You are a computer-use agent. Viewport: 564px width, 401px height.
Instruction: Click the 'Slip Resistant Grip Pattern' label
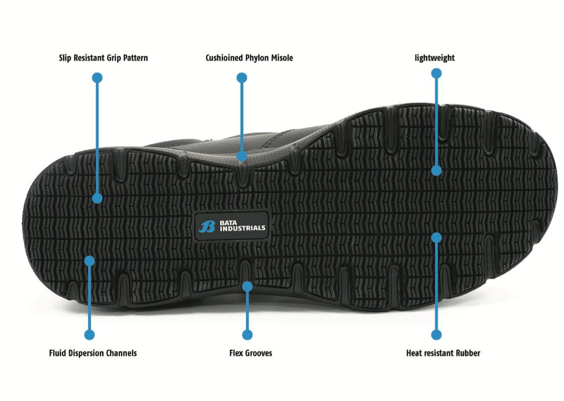pyautogui.click(x=103, y=58)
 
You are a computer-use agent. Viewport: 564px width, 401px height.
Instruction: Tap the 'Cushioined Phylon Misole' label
pyautogui.click(x=249, y=58)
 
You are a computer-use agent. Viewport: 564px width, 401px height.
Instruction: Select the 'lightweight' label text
pyautogui.click(x=434, y=58)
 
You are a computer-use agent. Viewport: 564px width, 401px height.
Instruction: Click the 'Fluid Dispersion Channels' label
pyautogui.click(x=93, y=353)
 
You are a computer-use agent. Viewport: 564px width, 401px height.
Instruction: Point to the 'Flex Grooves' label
pyautogui.click(x=251, y=353)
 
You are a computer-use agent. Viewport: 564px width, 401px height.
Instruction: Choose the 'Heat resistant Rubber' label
pyautogui.click(x=443, y=353)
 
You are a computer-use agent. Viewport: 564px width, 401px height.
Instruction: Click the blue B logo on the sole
pyautogui.click(x=207, y=226)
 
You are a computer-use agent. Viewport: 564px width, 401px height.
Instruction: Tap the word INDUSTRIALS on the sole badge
pyautogui.click(x=242, y=228)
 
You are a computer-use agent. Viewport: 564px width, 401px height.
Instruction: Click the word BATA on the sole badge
pyautogui.click(x=228, y=223)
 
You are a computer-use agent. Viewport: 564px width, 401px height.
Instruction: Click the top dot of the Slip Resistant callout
pyautogui.click(x=97, y=78)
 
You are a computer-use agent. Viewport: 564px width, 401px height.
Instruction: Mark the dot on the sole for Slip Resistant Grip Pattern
pyautogui.click(x=97, y=198)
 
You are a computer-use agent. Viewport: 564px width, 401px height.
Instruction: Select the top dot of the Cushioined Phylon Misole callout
pyautogui.click(x=242, y=78)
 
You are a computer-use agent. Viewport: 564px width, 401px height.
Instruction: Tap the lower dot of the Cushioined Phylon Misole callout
pyautogui.click(x=242, y=156)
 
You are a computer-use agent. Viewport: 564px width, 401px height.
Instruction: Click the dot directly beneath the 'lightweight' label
pyautogui.click(x=436, y=73)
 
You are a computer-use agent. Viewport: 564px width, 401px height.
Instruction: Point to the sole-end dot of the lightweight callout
pyautogui.click(x=436, y=170)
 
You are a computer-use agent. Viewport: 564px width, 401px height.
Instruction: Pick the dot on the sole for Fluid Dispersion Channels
pyautogui.click(x=89, y=261)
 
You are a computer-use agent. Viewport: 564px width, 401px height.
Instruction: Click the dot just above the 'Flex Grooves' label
pyautogui.click(x=247, y=335)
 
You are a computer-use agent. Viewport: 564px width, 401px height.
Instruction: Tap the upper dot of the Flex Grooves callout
pyautogui.click(x=247, y=286)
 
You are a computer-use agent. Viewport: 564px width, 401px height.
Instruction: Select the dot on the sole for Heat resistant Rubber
pyautogui.click(x=436, y=237)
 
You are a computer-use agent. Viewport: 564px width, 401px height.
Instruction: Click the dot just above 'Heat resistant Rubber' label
pyautogui.click(x=436, y=335)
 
